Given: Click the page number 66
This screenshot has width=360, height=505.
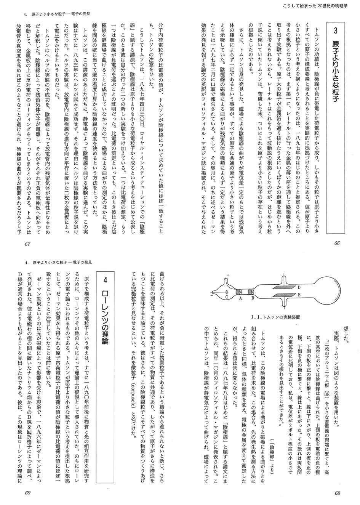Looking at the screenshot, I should tap(337, 244).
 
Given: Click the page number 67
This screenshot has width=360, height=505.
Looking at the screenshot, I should tap(27, 244).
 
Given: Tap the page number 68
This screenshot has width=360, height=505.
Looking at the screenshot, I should tap(337, 493).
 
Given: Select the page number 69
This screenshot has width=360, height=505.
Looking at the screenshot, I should tap(27, 493).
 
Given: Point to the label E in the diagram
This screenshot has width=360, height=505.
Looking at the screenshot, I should tap(299, 295).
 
